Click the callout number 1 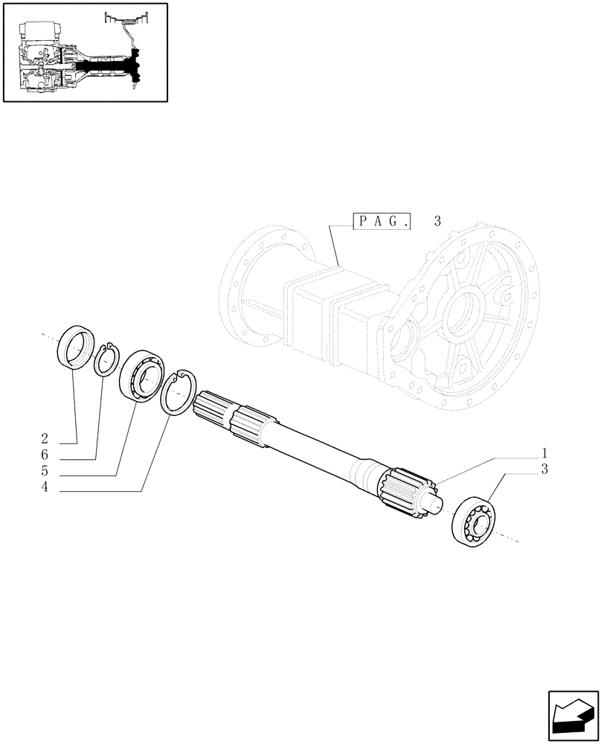tap(546, 452)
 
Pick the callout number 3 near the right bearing tap(546, 469)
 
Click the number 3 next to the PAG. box tap(437, 221)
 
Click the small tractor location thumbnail tap(85, 53)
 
